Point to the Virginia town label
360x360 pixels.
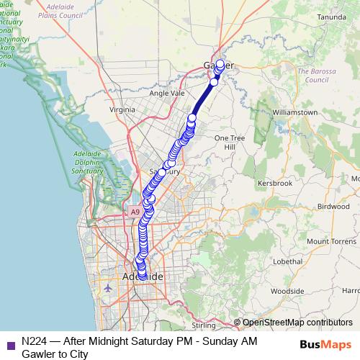pyautogui.click(x=122, y=109)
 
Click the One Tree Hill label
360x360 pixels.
pyautogui.click(x=230, y=142)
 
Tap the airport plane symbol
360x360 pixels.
pyautogui.click(x=108, y=288)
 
